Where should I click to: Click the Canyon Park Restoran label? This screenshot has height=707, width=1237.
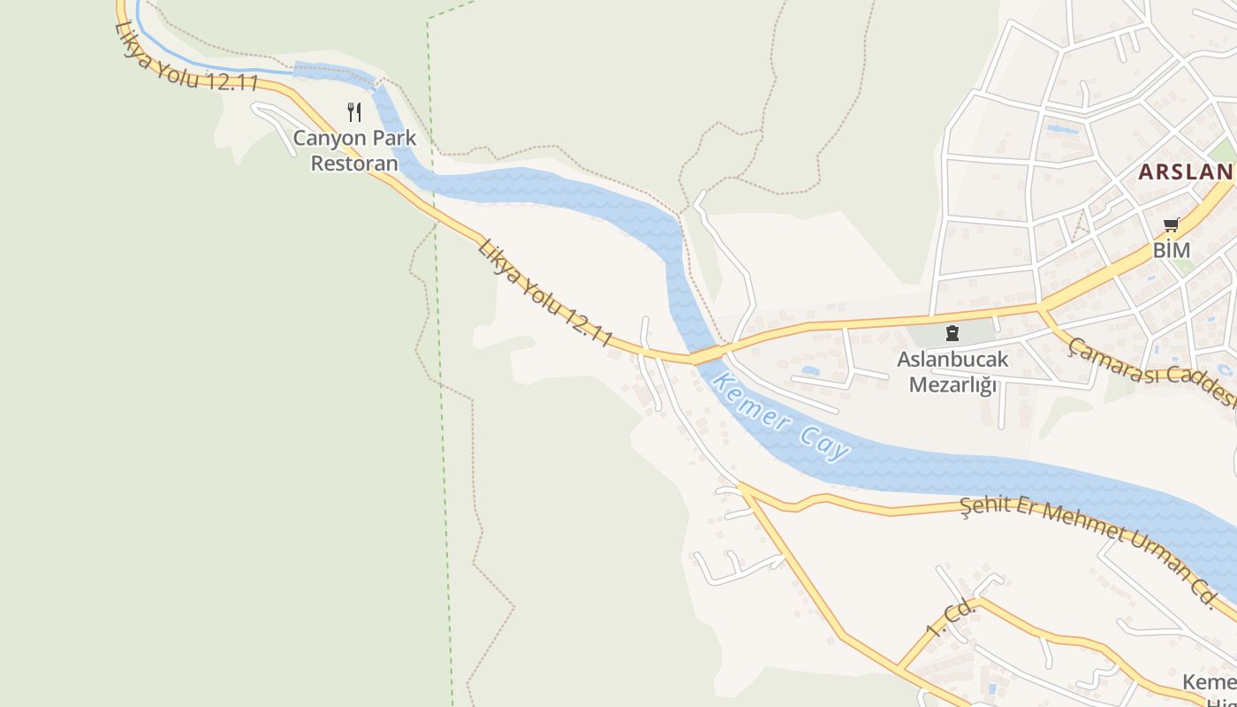point(354,151)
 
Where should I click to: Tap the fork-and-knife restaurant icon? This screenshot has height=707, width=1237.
point(354,112)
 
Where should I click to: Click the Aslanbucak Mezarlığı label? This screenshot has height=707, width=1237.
point(952,372)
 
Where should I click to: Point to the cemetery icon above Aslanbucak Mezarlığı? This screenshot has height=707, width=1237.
point(952,333)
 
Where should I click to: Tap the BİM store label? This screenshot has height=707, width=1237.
point(1172,250)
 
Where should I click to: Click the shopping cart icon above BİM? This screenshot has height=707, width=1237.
point(1172,224)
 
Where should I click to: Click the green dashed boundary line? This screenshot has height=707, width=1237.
point(439,353)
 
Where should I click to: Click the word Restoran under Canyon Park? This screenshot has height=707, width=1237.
point(354,163)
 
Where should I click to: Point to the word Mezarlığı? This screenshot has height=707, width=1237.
point(952,385)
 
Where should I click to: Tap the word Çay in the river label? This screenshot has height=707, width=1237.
point(826,442)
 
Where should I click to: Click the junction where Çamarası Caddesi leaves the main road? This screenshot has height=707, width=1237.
point(1040,308)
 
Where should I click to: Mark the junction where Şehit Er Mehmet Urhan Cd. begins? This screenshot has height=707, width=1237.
point(740,485)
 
